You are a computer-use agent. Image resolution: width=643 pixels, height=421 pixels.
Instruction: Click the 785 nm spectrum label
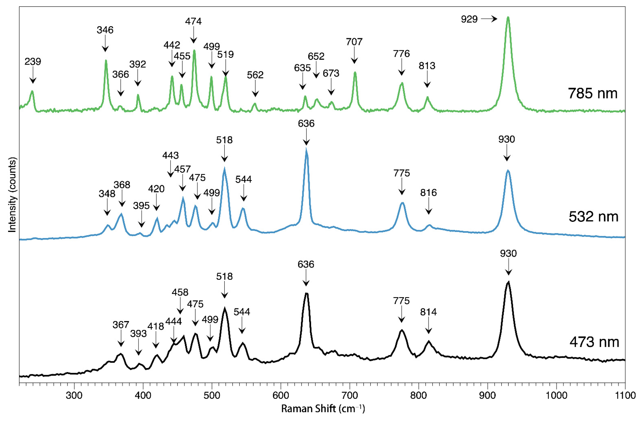592,93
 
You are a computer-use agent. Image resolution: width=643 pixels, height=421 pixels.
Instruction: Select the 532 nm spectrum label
593,216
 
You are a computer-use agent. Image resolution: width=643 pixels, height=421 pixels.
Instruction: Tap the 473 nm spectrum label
594,342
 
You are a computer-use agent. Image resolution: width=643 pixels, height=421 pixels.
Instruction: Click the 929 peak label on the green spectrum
469,19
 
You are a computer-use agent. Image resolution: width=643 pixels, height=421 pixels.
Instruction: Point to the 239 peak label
33,62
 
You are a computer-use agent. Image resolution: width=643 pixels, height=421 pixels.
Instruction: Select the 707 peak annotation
354,42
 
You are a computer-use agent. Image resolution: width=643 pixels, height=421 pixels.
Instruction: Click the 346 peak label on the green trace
105,30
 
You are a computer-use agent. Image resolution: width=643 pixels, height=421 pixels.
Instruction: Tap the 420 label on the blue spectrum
156,189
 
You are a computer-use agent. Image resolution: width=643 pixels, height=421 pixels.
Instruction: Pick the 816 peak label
428,193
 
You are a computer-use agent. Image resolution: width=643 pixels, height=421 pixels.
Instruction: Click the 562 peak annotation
255,75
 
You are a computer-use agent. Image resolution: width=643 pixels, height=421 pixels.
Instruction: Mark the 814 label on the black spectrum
428,312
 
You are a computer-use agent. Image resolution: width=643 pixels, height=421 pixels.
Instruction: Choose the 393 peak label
138,333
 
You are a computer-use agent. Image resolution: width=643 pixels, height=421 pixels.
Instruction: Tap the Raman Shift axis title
323,409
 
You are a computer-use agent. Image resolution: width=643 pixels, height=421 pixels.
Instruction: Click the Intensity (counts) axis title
12,194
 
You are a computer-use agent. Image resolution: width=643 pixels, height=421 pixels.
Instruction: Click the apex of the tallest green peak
508,17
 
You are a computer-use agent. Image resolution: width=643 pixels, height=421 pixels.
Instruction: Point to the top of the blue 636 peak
306,149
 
